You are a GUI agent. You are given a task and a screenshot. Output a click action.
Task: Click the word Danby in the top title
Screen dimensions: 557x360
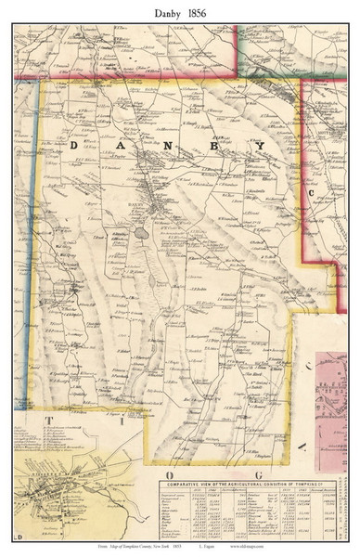[158, 10]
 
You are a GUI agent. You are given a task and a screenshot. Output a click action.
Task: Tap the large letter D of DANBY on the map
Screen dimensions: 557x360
[76, 146]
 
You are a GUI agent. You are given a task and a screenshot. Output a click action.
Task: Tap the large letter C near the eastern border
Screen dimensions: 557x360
[312, 193]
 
